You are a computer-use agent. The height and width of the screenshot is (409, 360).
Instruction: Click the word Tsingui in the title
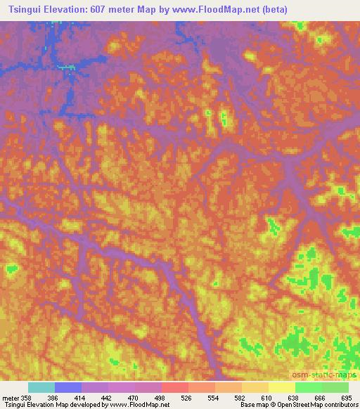point(23,8)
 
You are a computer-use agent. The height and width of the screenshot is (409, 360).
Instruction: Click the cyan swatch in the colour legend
point(41,387)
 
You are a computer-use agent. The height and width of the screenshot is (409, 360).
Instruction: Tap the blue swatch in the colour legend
point(68,387)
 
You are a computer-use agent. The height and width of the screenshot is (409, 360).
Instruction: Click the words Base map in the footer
point(253,405)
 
